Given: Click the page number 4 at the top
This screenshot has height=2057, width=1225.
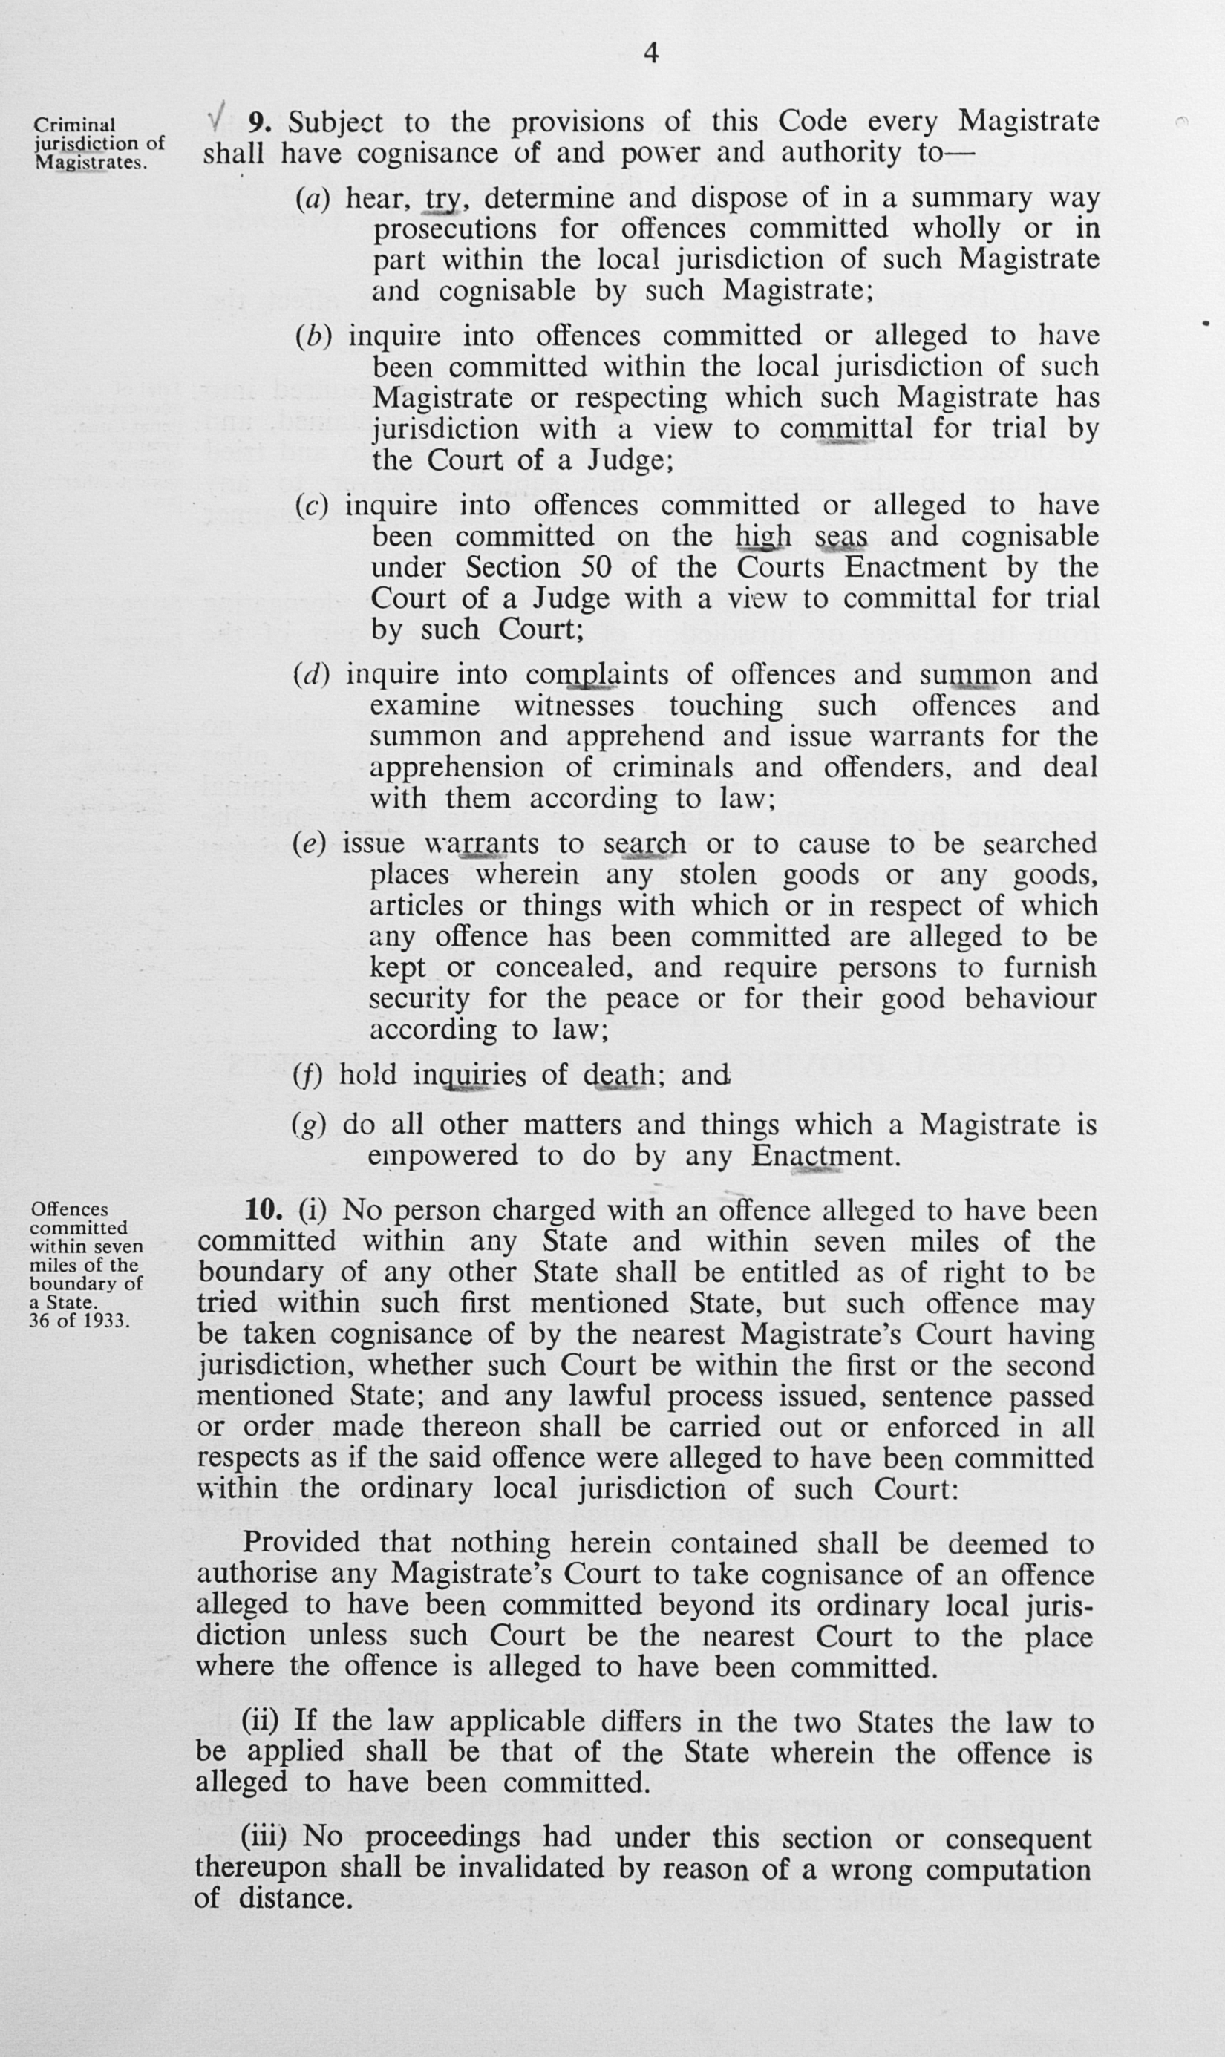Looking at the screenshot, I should click(650, 53).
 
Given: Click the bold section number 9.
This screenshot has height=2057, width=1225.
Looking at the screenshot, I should click(260, 122).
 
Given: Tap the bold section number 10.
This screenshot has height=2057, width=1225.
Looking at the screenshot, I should click(264, 1211).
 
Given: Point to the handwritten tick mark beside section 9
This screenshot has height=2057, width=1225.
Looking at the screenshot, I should click(217, 118).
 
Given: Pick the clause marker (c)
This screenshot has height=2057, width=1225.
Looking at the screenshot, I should click(311, 506).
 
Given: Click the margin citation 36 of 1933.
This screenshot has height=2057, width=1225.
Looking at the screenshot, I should click(79, 1320).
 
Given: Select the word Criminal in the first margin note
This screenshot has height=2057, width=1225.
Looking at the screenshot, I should click(74, 125).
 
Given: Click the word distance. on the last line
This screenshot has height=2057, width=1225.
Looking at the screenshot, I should click(295, 1899).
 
